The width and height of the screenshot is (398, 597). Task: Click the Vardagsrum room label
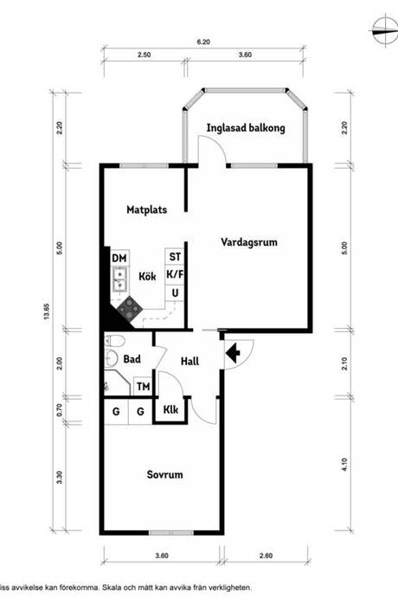(x=249, y=242)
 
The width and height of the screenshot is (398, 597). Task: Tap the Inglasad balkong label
(x=246, y=128)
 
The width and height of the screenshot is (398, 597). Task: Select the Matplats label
(x=146, y=209)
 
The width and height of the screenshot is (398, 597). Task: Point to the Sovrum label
(x=165, y=474)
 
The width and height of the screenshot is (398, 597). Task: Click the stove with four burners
(x=130, y=308)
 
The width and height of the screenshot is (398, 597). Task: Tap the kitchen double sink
(x=120, y=279)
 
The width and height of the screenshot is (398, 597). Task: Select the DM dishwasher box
(x=119, y=258)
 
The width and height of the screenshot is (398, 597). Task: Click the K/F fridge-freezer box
(x=175, y=273)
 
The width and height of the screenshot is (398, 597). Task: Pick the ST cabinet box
(x=175, y=257)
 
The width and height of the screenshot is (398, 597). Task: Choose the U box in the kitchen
(x=175, y=292)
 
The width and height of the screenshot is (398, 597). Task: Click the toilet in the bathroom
(x=114, y=340)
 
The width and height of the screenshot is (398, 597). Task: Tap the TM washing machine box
(x=144, y=387)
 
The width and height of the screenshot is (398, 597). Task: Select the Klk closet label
(x=170, y=409)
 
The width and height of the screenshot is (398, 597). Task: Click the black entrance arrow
(x=233, y=353)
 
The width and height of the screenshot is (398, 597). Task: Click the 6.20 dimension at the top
(x=203, y=42)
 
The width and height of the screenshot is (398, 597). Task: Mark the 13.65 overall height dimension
(x=47, y=311)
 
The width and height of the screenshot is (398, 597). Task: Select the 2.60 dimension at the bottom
(x=266, y=555)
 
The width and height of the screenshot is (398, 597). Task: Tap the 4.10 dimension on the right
(x=344, y=465)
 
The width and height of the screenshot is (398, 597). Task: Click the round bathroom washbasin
(x=112, y=357)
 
